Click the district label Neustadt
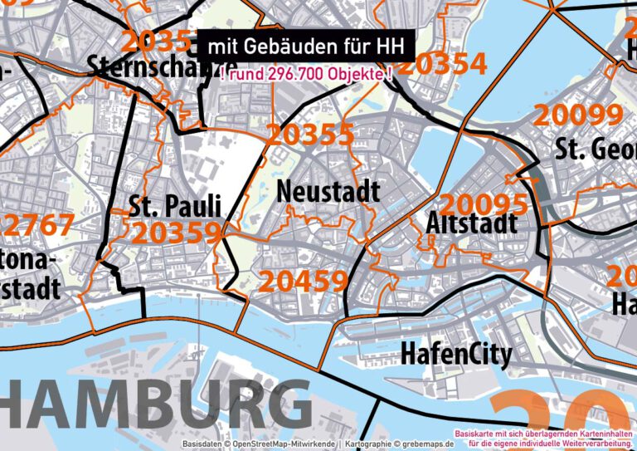[328, 190]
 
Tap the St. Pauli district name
[175, 205]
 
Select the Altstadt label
[471, 223]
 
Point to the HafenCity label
[455, 354]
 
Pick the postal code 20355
[310, 135]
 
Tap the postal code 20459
[304, 282]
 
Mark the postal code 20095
[483, 203]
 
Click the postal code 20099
[578, 115]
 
